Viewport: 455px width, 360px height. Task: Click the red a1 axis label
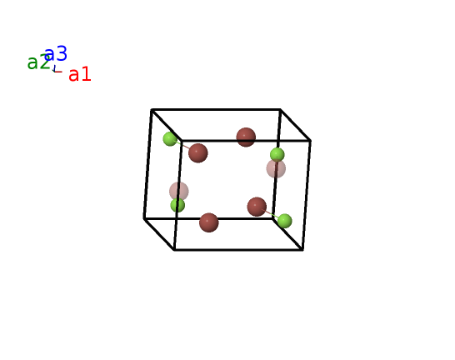[80, 74]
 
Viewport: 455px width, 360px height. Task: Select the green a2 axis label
[38, 62]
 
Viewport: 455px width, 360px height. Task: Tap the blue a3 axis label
[56, 53]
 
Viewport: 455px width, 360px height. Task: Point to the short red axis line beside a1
[58, 72]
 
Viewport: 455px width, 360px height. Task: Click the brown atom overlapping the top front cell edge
[246, 137]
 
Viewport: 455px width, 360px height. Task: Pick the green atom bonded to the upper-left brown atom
[170, 138]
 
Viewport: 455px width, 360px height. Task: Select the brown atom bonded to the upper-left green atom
[198, 152]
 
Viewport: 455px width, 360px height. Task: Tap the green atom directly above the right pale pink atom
[277, 155]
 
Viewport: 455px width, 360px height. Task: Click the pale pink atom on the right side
[276, 169]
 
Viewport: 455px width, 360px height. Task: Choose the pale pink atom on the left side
[179, 191]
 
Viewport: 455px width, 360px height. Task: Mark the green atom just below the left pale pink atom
[177, 205]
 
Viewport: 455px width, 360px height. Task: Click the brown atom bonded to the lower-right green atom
[257, 207]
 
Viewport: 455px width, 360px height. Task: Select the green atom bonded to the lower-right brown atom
[285, 221]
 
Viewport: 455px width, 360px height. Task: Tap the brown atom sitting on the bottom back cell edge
[209, 222]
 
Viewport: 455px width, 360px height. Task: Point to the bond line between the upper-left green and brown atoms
[182, 145]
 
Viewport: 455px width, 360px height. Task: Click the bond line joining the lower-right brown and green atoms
[271, 214]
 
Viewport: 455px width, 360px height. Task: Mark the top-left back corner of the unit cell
[152, 110]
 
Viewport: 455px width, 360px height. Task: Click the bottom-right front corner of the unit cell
[303, 249]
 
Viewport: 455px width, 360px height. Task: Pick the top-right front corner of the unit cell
[311, 141]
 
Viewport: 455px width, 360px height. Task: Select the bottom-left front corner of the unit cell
[174, 249]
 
